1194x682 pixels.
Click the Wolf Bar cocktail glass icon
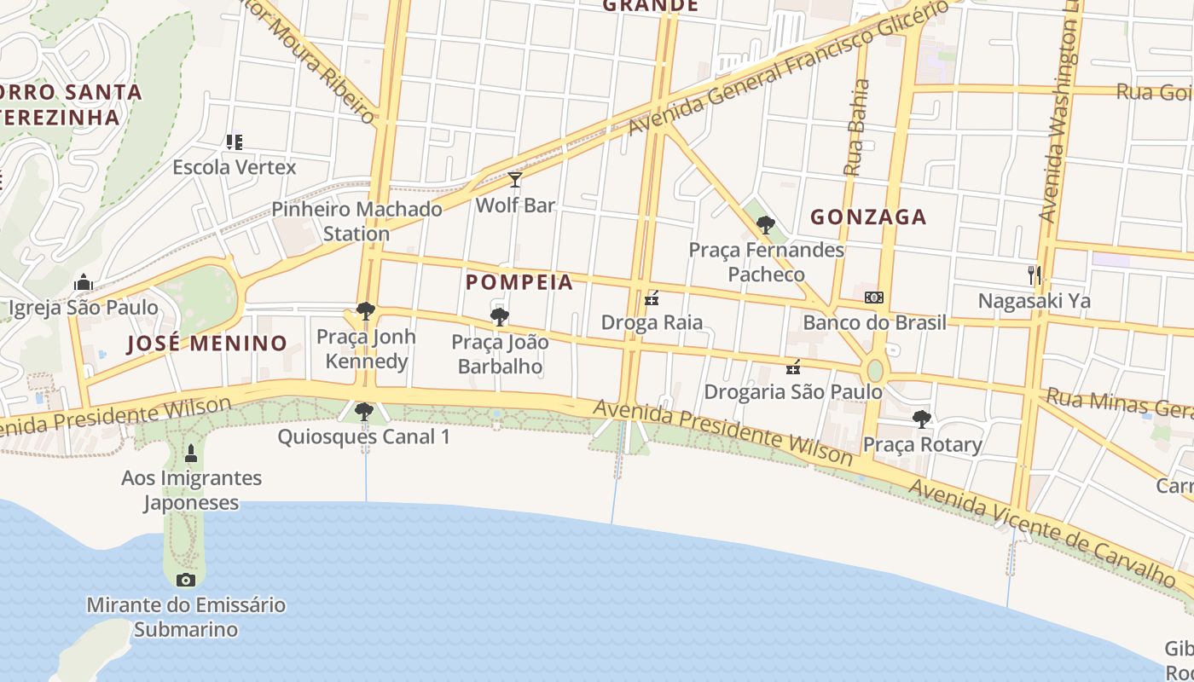click(515, 179)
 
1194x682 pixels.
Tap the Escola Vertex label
click(235, 167)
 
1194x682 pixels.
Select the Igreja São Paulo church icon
click(84, 282)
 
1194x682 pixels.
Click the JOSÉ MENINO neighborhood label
click(207, 344)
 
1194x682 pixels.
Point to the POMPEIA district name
click(519, 282)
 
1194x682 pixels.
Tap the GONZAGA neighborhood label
click(868, 217)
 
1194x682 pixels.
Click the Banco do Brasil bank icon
click(874, 298)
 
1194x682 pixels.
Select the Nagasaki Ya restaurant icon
click(1035, 275)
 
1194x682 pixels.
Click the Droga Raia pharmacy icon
click(652, 298)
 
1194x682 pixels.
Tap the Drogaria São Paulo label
click(793, 392)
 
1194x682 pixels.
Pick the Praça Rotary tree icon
click(922, 419)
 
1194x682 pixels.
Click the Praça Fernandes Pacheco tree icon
click(766, 225)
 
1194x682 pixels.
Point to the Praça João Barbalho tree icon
click(500, 318)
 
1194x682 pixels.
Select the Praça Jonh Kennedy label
click(367, 349)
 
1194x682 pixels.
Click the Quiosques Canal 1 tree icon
click(364, 413)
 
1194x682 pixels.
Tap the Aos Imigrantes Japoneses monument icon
click(191, 452)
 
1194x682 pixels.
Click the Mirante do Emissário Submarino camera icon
click(186, 581)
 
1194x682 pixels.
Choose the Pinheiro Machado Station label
click(356, 221)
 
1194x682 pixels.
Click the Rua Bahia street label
click(856, 128)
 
